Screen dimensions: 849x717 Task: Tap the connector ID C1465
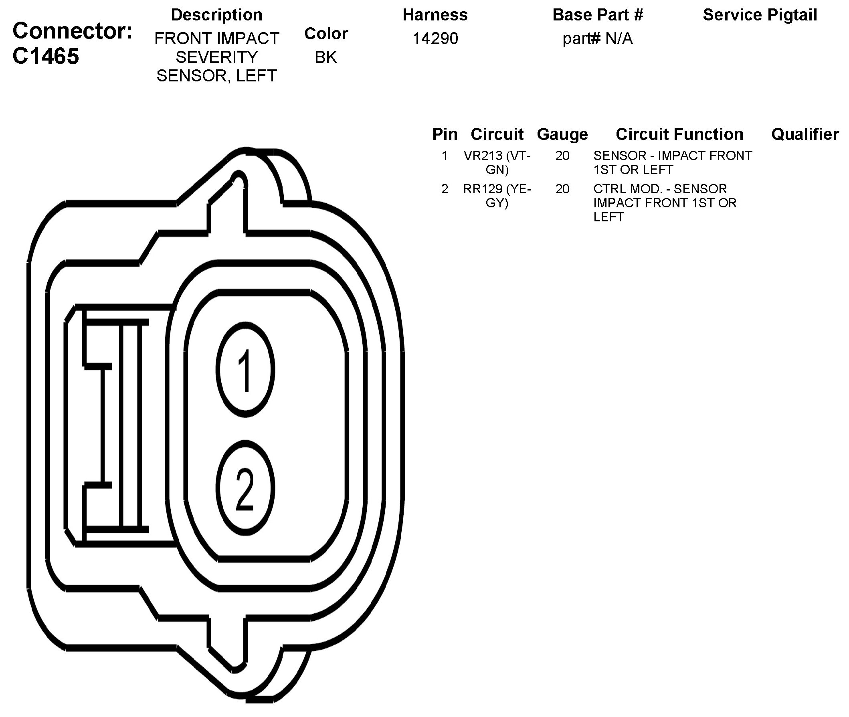pyautogui.click(x=46, y=56)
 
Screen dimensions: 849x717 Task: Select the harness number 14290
pyautogui.click(x=435, y=38)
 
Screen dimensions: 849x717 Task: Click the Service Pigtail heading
pyautogui.click(x=760, y=15)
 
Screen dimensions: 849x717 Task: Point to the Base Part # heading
pyautogui.click(x=598, y=15)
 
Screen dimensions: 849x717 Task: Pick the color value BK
pyautogui.click(x=326, y=57)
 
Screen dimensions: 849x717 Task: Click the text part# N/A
pyautogui.click(x=598, y=39)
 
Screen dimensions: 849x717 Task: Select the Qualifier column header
pyautogui.click(x=805, y=134)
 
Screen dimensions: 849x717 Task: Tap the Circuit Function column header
pyautogui.click(x=679, y=134)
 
